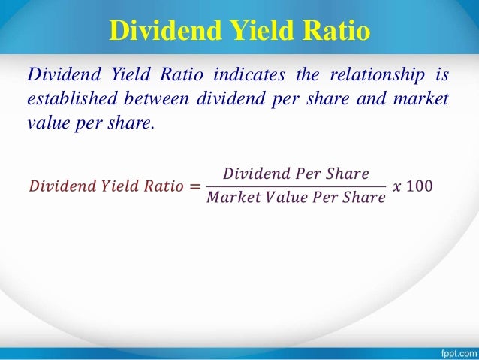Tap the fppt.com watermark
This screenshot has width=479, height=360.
click(453, 350)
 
